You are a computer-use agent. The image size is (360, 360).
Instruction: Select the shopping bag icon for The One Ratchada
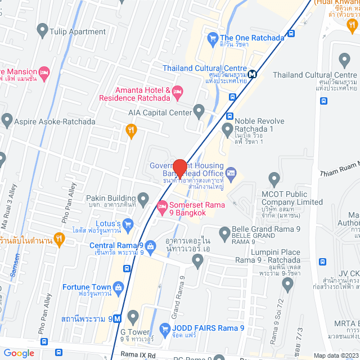click(212, 38)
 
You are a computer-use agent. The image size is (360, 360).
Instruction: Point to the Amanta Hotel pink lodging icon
click(178, 91)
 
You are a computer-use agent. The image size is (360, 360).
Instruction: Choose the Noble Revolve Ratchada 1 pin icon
click(228, 131)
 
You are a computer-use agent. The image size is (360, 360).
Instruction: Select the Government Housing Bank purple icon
click(231, 170)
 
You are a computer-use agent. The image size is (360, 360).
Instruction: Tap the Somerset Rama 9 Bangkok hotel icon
click(163, 207)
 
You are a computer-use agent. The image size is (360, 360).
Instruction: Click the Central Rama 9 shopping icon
click(151, 246)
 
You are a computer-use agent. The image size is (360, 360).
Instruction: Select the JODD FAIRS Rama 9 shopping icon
click(165, 328)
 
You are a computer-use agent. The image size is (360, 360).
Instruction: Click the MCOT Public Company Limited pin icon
click(275, 180)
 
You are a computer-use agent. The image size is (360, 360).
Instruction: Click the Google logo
click(19, 353)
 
